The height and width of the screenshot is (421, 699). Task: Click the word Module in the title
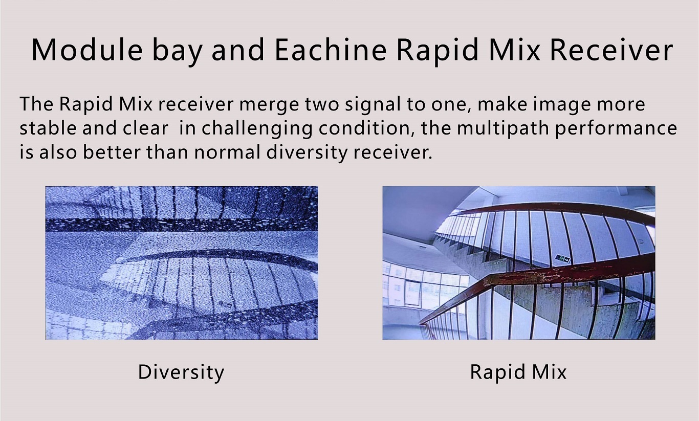click(x=87, y=50)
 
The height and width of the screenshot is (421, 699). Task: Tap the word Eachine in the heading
click(x=331, y=50)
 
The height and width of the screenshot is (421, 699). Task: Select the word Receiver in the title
click(x=611, y=50)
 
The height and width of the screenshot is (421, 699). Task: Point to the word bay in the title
click(x=177, y=52)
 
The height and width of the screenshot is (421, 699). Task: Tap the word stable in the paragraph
click(x=48, y=128)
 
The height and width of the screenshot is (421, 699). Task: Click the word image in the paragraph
click(x=561, y=106)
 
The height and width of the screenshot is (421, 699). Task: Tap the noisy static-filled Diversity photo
click(x=182, y=263)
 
